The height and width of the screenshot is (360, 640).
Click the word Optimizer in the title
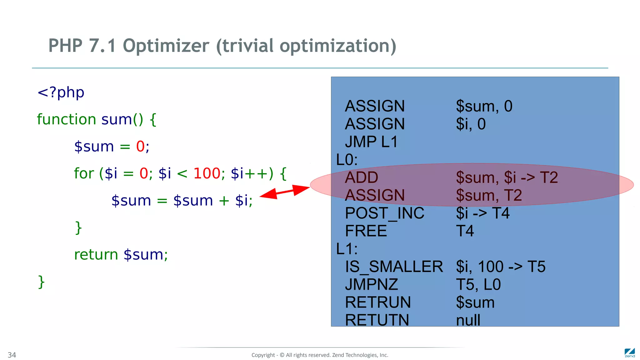[x=166, y=46]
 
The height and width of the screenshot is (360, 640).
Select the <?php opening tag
[x=61, y=92]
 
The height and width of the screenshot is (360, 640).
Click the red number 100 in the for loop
[x=207, y=173]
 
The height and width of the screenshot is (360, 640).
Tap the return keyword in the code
[x=96, y=255]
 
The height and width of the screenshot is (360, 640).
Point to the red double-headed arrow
[x=284, y=191]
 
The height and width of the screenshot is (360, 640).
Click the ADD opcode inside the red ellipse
[x=362, y=177]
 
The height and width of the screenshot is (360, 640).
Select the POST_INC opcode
[x=384, y=213]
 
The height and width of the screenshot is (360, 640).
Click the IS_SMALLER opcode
[x=394, y=267]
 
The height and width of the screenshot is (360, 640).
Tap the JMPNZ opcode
[x=371, y=285]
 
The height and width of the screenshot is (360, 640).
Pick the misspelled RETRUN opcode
[x=377, y=302]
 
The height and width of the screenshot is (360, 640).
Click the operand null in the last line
[x=468, y=320]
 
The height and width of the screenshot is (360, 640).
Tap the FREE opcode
[x=366, y=231]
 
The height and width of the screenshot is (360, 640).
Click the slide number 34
[x=12, y=355]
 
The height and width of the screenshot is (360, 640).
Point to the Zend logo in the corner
[x=630, y=353]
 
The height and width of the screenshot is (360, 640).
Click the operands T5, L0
[x=478, y=285]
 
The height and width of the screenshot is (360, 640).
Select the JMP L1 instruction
[x=371, y=142]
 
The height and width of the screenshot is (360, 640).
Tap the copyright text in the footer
[x=320, y=355]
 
